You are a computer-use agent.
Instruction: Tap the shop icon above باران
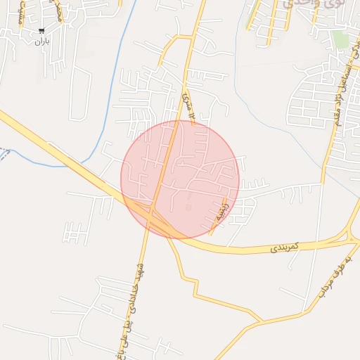click(x=42, y=31)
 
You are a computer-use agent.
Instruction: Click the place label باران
click(x=42, y=41)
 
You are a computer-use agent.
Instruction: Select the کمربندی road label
click(x=285, y=246)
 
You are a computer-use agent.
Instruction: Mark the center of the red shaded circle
click(x=180, y=179)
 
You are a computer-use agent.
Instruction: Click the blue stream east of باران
click(x=116, y=77)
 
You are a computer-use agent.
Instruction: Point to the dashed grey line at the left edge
click(x=4, y=153)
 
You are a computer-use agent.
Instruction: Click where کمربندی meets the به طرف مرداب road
click(x=349, y=241)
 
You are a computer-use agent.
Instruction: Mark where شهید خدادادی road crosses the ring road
click(x=150, y=219)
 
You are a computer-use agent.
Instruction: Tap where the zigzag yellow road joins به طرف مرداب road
click(x=262, y=322)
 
